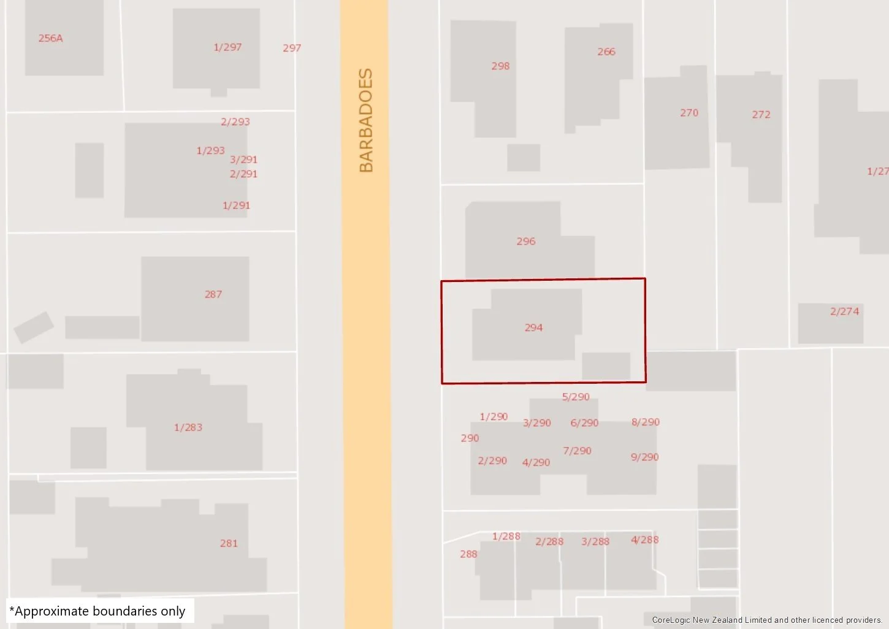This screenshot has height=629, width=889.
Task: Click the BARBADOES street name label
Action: [366, 120]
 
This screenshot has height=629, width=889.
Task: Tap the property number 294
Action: [533, 327]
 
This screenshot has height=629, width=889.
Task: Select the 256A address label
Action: [50, 38]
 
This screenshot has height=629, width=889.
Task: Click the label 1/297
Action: [227, 47]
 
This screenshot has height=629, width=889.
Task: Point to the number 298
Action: [500, 66]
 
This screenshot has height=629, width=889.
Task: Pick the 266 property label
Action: [606, 51]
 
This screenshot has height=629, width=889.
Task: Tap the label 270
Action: [689, 113]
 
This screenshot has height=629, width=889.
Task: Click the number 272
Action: [761, 115]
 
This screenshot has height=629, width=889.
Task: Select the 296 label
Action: [525, 241]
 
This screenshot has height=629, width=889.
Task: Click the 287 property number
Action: [213, 294]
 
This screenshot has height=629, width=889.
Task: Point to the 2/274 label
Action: [844, 311]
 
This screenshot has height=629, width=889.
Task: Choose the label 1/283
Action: [188, 427]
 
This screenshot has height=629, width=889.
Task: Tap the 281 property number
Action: [229, 543]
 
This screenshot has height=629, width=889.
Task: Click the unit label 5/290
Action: [576, 397]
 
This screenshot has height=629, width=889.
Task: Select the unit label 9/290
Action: [644, 457]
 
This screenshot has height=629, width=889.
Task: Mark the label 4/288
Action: [644, 539]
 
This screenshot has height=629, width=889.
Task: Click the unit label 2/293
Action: [235, 121]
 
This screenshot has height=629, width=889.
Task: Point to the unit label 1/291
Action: [236, 205]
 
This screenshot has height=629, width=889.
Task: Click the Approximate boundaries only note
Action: [97, 611]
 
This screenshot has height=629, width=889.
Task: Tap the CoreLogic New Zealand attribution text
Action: [766, 620]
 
